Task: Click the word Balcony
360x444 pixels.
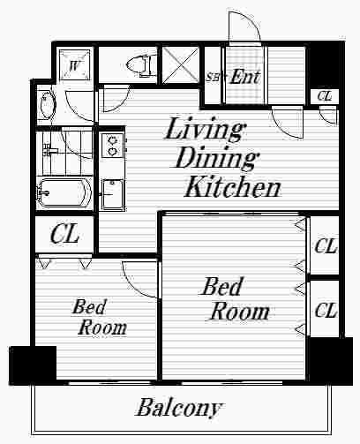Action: click(179, 409)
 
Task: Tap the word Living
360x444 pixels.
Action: click(205, 130)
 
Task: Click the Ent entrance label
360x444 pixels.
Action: click(244, 77)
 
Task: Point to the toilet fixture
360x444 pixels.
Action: click(139, 66)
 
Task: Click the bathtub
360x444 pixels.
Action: click(64, 192)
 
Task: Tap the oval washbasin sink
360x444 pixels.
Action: click(46, 105)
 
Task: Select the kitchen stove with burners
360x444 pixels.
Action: click(112, 145)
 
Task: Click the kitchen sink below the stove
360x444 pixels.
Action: click(112, 194)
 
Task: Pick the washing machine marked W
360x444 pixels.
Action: click(74, 64)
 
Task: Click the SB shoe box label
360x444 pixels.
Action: click(212, 77)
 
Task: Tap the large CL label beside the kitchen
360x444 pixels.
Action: click(64, 234)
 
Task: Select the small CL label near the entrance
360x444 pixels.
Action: click(325, 96)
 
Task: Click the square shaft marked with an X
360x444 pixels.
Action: click(181, 66)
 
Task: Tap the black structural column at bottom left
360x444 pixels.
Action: click(33, 365)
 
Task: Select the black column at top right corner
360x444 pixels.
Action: click(325, 64)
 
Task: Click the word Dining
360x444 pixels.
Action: click(217, 158)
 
